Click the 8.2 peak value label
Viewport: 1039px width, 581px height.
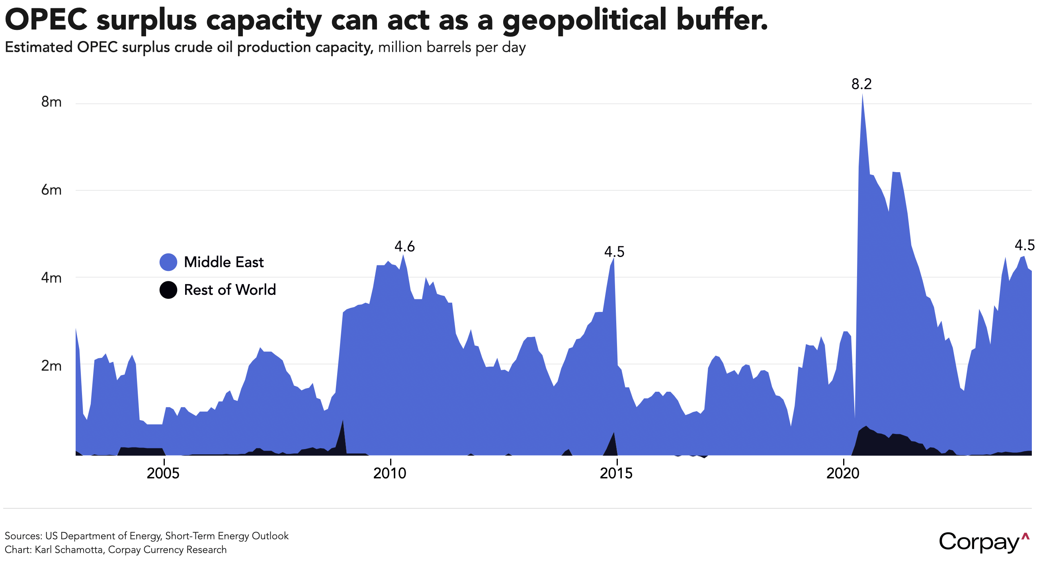coord(861,84)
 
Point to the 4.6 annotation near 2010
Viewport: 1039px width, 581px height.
coord(404,246)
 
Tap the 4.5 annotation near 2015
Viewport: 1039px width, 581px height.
coord(614,252)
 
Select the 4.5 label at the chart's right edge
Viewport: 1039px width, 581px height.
coord(1024,245)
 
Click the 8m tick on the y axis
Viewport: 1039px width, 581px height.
coord(51,102)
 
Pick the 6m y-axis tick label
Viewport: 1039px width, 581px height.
coord(51,190)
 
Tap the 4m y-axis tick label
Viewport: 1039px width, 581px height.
coord(51,278)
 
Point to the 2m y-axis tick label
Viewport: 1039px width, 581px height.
coord(51,366)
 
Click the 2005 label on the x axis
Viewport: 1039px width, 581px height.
coord(163,473)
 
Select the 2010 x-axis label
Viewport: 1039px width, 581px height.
coord(390,473)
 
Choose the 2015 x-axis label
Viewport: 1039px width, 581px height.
coord(616,473)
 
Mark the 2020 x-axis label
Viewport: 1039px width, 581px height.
coord(843,473)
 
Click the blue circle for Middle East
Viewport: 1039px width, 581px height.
coord(168,263)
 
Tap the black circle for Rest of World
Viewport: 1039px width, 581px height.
coord(168,290)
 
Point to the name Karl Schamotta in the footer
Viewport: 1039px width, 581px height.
coord(68,550)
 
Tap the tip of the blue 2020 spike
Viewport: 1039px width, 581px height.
coord(862,94)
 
